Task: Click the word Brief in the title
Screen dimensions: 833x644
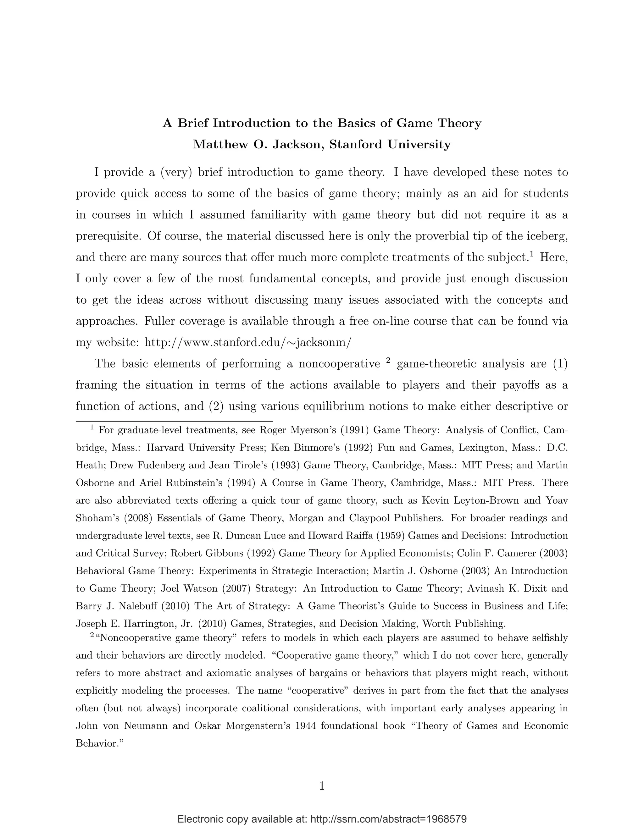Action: (193, 123)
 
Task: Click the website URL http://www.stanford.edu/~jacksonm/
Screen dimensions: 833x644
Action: (247, 342)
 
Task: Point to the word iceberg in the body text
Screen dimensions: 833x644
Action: (547, 236)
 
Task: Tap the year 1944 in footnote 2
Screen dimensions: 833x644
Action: (306, 725)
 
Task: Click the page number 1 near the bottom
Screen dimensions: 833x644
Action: (322, 786)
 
